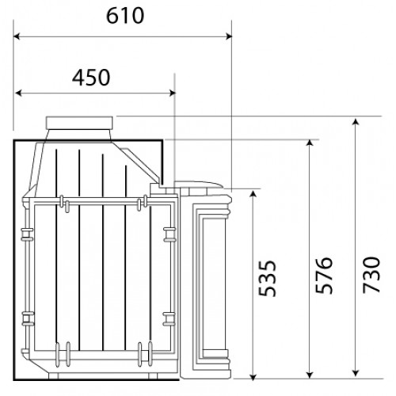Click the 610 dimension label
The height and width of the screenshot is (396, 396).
point(125,16)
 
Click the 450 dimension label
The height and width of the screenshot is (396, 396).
point(91,78)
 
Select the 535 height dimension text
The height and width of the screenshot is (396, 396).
point(267,278)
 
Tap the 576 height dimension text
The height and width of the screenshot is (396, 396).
point(324,275)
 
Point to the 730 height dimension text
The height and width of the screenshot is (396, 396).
point(371,275)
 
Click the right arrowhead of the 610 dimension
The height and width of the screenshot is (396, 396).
point(229,36)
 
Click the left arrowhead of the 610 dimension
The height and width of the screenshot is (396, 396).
point(17,36)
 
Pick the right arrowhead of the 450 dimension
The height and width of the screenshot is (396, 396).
point(172,93)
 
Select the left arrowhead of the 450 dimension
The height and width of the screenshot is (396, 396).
point(18,93)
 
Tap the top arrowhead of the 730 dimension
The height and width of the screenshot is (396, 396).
point(356,121)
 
